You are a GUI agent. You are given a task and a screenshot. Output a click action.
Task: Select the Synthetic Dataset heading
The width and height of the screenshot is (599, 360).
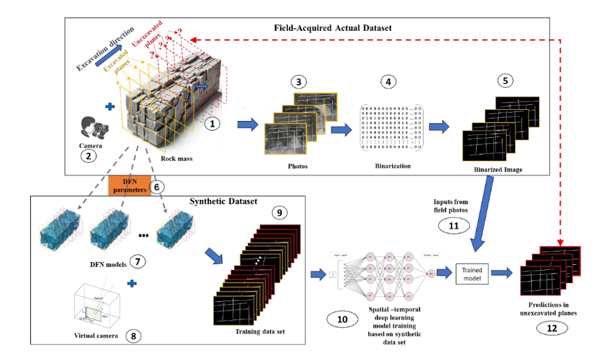click(220, 202)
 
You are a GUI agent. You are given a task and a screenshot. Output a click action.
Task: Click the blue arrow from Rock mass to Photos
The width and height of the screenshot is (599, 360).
click(247, 125)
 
